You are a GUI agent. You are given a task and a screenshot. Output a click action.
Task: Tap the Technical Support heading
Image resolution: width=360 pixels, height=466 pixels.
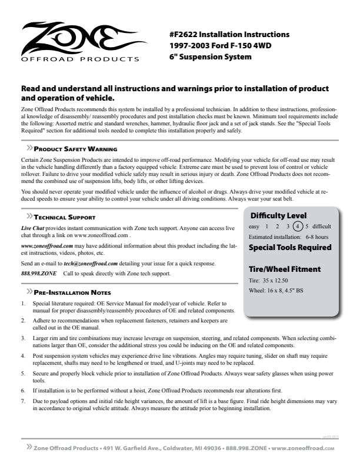[x=64, y=217]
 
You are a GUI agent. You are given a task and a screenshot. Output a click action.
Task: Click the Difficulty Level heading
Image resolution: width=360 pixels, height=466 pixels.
[x=278, y=215]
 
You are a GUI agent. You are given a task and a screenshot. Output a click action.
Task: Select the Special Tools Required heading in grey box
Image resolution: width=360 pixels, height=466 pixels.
[x=290, y=247]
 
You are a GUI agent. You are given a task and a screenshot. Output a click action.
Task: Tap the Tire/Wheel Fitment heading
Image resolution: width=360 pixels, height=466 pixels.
[x=285, y=269]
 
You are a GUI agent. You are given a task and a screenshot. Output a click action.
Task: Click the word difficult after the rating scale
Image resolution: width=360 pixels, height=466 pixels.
[x=321, y=226]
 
